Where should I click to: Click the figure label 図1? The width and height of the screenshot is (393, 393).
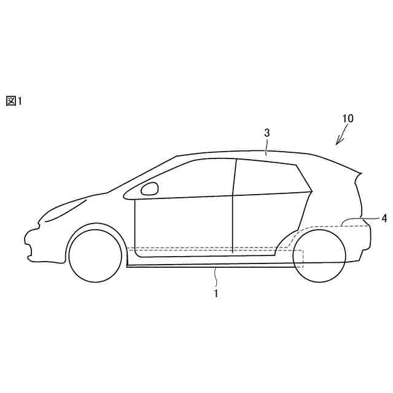tap(14, 101)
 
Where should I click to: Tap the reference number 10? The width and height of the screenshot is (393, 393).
tap(347, 118)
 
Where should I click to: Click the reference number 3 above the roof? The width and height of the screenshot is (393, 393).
tap(267, 133)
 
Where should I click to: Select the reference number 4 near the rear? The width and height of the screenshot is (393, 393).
tap(383, 218)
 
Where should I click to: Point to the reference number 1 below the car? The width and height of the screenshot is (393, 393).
tap(216, 293)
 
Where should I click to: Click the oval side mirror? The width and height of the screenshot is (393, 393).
tap(149, 189)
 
